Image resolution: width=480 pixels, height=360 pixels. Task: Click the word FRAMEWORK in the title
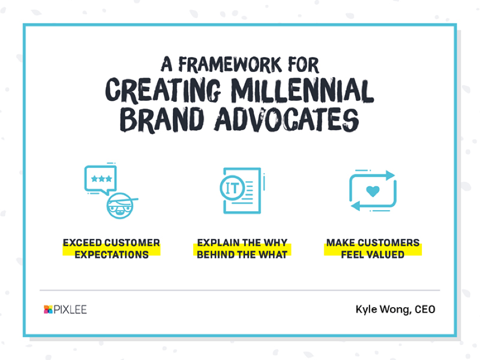[x=230, y=65]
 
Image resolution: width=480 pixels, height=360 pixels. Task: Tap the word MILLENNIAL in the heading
[x=302, y=90]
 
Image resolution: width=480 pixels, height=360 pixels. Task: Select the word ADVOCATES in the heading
[x=286, y=119]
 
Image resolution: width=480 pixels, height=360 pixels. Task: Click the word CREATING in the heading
[x=163, y=90]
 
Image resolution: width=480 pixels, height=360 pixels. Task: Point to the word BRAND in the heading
[x=162, y=119]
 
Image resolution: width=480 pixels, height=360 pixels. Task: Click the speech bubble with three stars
[x=100, y=180]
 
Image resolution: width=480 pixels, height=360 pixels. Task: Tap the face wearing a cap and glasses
[x=121, y=206]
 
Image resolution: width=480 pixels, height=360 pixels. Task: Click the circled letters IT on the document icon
[x=233, y=188]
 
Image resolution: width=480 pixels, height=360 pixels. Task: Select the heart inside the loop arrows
[x=373, y=191]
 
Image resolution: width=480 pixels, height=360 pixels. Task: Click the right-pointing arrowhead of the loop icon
[x=390, y=175]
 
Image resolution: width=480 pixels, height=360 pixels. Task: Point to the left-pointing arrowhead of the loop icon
[x=355, y=206]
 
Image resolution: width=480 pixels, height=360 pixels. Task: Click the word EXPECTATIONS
[x=112, y=255]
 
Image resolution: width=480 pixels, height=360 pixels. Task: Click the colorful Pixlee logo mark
[x=48, y=309]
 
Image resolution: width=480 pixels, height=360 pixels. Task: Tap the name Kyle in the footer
[x=366, y=309]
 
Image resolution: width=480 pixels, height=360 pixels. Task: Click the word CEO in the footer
[x=425, y=309]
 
